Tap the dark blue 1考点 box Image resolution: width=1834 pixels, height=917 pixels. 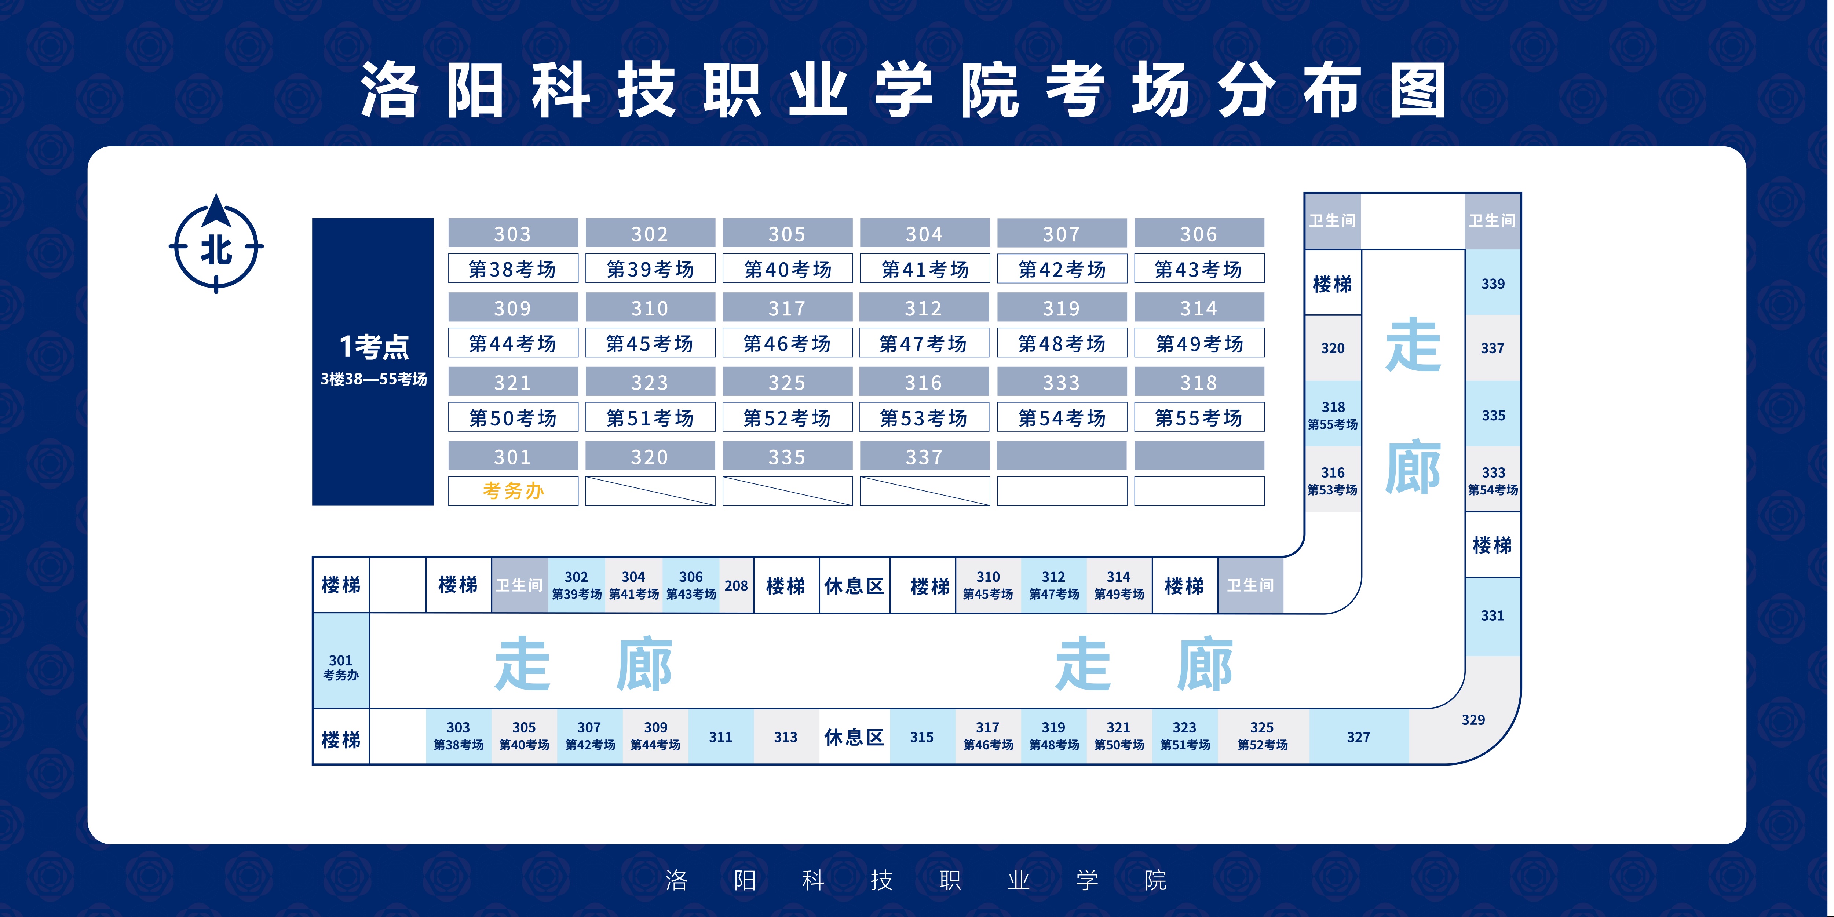[x=373, y=362]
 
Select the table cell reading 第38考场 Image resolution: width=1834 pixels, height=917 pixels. [x=513, y=269]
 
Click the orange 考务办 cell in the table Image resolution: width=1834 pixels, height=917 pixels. [x=513, y=490]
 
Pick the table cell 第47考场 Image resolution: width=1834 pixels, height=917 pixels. [x=924, y=343]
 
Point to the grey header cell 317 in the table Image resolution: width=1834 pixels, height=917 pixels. [x=788, y=308]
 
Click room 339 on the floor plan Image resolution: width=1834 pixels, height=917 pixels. [x=1493, y=284]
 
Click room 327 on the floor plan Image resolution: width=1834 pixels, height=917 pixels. [x=1358, y=737]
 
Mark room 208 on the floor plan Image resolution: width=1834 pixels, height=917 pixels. [x=736, y=585]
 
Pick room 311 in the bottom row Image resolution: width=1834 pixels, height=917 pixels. [x=720, y=737]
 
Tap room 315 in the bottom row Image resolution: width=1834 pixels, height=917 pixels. [x=922, y=737]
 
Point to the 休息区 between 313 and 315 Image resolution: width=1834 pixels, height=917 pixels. [x=854, y=737]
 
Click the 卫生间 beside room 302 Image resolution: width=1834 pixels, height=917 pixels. [x=520, y=585]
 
